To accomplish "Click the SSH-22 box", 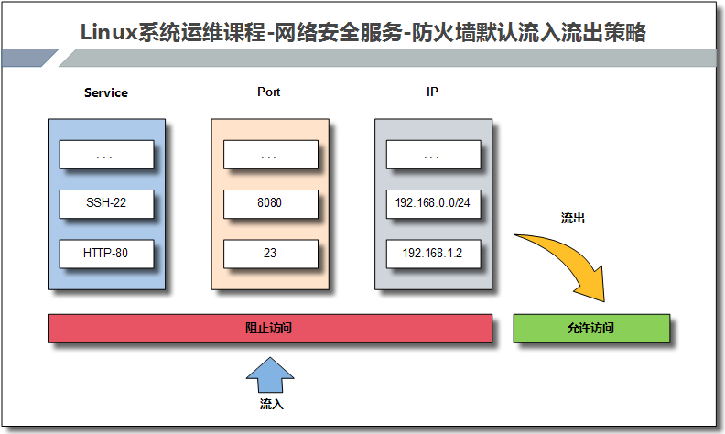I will tap(105, 203).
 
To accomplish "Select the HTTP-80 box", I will tap(105, 254).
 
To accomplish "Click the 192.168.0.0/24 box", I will tap(433, 203).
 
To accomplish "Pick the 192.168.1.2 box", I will tap(433, 254).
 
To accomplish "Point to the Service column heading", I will tap(106, 92).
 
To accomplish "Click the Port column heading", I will tap(269, 92).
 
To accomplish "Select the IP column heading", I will tap(432, 92).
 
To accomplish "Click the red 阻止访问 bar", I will tap(269, 328).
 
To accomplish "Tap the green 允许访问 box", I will tap(590, 328).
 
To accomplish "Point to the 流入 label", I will tap(271, 403).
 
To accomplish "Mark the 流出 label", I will tap(572, 220).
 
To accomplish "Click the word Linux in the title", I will tap(108, 34).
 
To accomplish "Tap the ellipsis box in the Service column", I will tap(105, 155).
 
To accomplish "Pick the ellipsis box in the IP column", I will tap(433, 155).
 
